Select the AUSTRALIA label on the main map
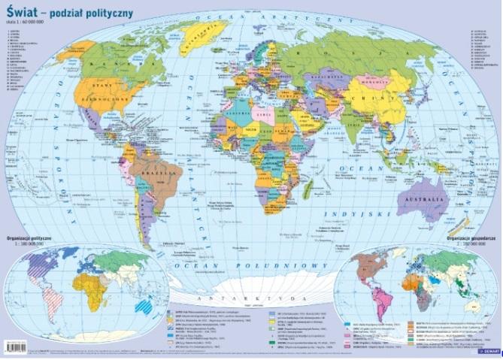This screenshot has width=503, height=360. pyautogui.click(x=424, y=201)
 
